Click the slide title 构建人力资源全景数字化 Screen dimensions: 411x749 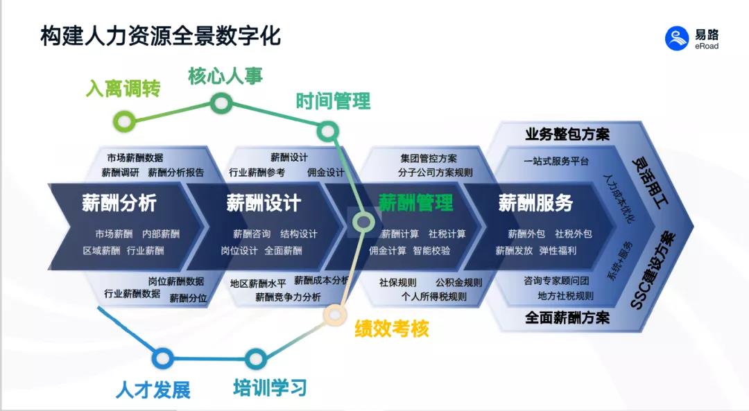(x=160, y=36)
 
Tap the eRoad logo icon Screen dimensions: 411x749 (x=677, y=38)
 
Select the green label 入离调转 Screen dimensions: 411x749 (x=123, y=89)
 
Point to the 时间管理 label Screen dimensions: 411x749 (x=333, y=101)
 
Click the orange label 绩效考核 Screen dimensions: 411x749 (x=392, y=329)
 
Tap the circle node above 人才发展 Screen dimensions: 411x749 (x=162, y=358)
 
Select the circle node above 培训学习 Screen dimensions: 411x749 (x=256, y=359)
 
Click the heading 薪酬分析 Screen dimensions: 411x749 (x=119, y=203)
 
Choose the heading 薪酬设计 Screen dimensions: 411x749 (x=264, y=203)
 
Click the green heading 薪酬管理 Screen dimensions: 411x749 (x=415, y=203)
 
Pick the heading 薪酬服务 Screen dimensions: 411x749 (x=535, y=203)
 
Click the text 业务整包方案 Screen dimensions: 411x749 (x=567, y=134)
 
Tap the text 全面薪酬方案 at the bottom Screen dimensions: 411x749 (x=567, y=318)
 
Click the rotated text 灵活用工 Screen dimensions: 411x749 (x=650, y=177)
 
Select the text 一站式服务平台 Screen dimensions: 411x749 (x=556, y=161)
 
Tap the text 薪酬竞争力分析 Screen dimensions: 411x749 (x=288, y=297)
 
